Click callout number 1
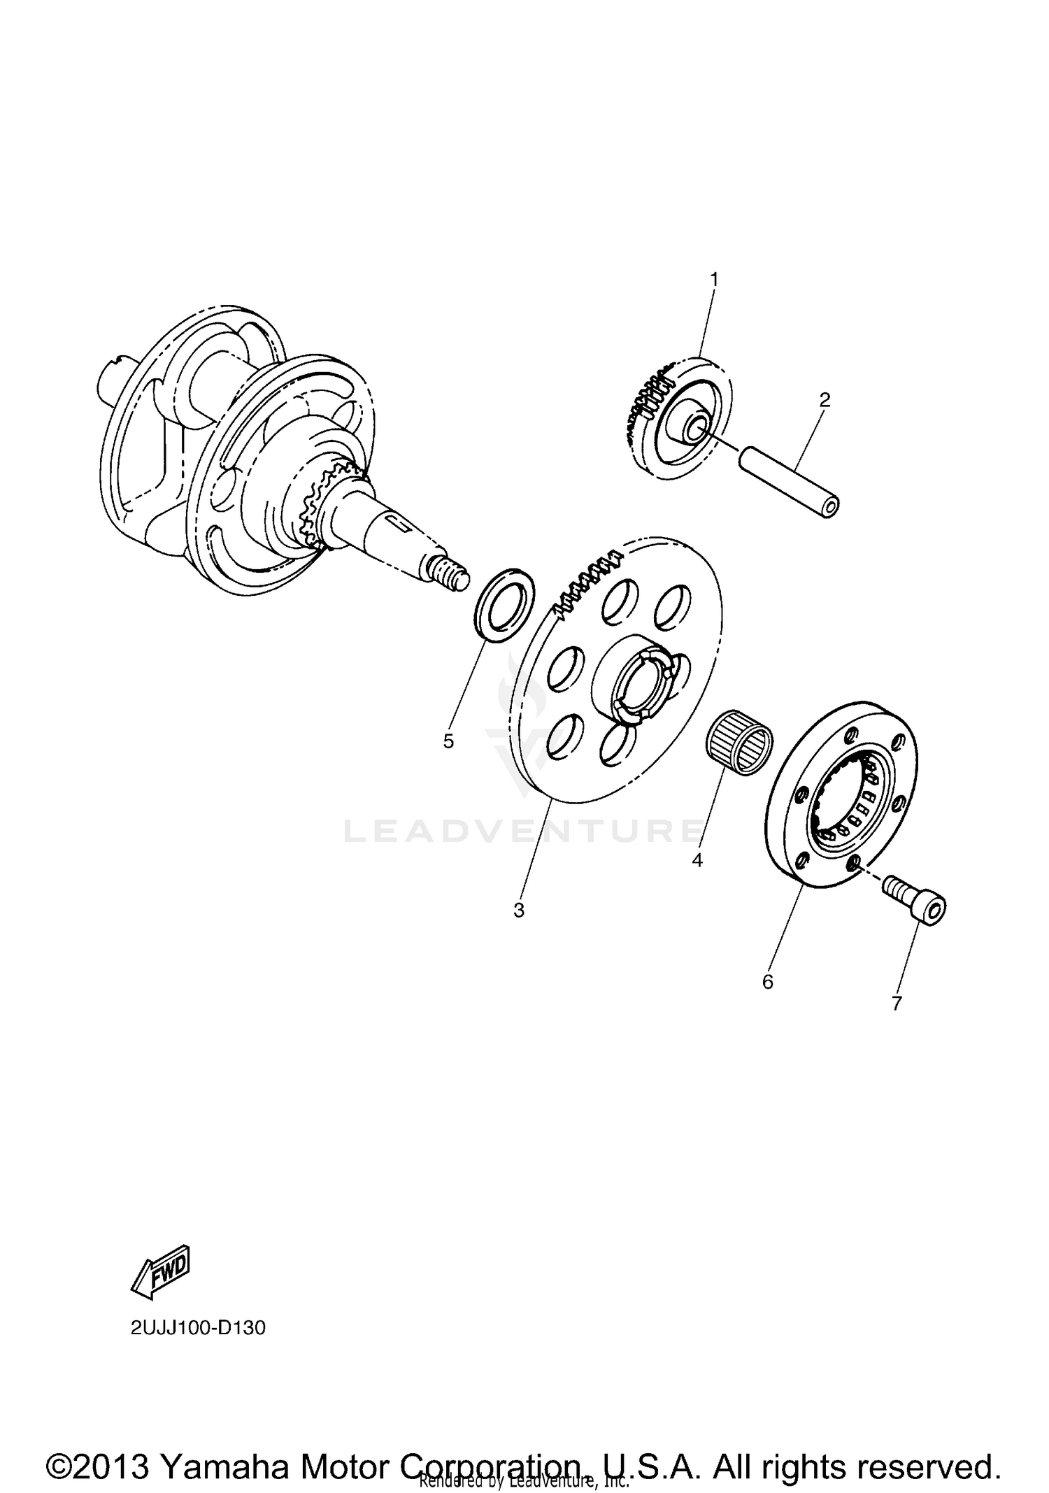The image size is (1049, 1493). [714, 279]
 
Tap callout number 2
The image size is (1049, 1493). [825, 400]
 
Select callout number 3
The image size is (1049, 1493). [518, 910]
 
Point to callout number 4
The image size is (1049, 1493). [697, 860]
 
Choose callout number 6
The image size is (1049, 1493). [768, 982]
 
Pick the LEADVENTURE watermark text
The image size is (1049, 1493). [523, 830]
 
